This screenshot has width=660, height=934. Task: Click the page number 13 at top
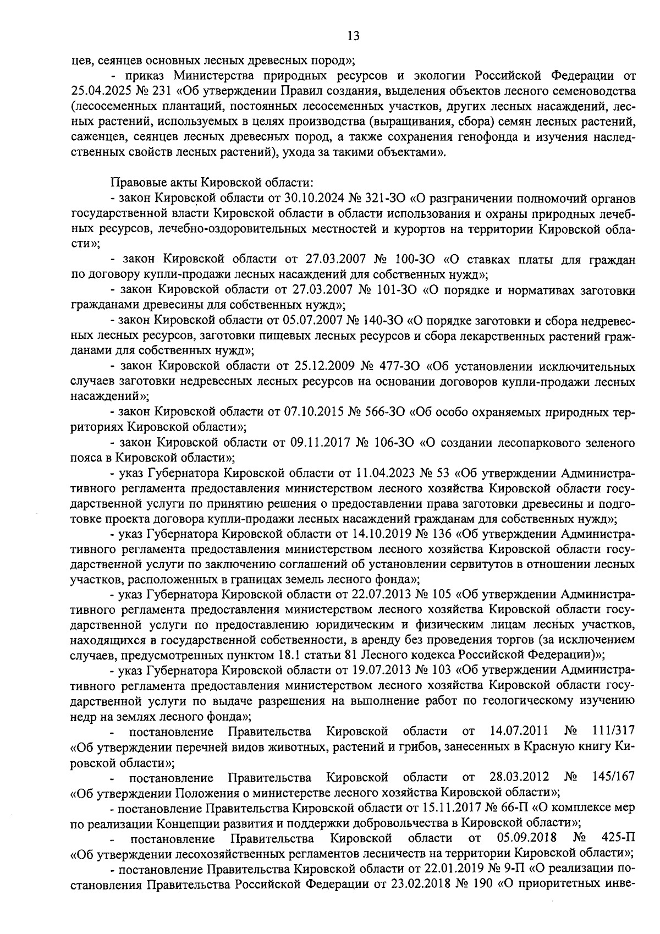(x=353, y=36)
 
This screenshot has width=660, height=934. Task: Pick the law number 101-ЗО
(x=395, y=290)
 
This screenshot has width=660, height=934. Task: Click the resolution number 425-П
(x=619, y=838)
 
